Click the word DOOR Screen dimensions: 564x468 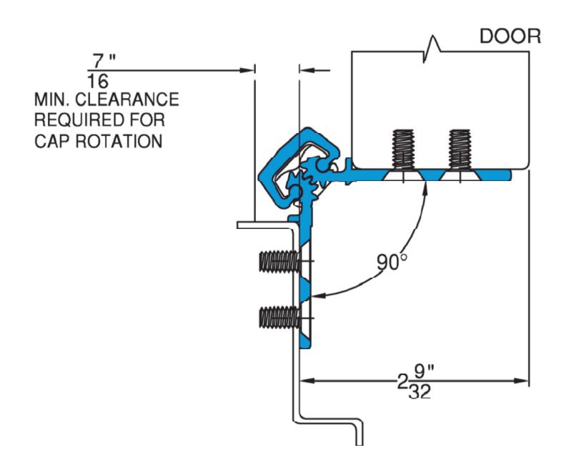[x=510, y=36]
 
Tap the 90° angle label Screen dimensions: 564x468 [x=392, y=262]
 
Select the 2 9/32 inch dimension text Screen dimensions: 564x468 [x=417, y=382]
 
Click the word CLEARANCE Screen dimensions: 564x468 [x=127, y=99]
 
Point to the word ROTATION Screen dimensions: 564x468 [x=119, y=141]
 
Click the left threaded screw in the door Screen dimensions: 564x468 [x=404, y=149]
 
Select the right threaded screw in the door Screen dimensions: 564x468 [x=460, y=149]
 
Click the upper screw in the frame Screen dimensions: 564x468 [x=279, y=261]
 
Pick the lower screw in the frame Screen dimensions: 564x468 [x=279, y=318]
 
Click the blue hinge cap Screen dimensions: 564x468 [x=298, y=168]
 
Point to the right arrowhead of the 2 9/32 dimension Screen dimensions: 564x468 [x=521, y=381]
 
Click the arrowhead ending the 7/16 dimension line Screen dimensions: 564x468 [x=247, y=70]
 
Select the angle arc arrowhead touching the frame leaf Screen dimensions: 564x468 [x=319, y=296]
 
